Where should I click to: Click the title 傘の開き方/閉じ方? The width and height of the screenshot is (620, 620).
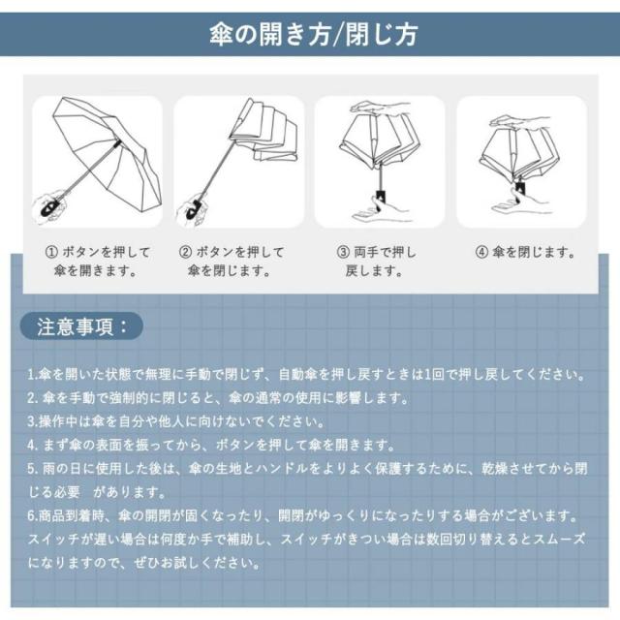click(x=314, y=35)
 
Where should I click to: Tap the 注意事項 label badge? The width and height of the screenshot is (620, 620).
click(x=81, y=326)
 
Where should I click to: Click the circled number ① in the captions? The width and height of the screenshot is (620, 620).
click(x=51, y=252)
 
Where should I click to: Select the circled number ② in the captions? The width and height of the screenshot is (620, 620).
click(x=185, y=252)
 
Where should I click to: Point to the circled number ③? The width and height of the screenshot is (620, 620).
click(x=343, y=252)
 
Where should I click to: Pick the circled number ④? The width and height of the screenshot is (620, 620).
click(x=481, y=252)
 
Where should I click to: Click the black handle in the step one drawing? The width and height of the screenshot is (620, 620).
click(x=50, y=207)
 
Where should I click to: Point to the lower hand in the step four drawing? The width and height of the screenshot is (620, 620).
click(x=519, y=202)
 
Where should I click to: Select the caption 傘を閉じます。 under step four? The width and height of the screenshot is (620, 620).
click(x=534, y=252)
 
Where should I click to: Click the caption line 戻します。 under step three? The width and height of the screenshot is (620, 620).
click(x=374, y=271)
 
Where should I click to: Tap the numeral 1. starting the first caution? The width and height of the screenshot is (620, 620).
click(x=33, y=375)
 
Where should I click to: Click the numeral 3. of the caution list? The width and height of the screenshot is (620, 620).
click(x=33, y=422)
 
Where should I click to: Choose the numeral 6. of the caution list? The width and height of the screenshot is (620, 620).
click(x=33, y=516)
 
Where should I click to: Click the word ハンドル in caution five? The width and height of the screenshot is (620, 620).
click(x=282, y=469)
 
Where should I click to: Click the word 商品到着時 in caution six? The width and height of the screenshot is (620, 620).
click(x=72, y=516)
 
